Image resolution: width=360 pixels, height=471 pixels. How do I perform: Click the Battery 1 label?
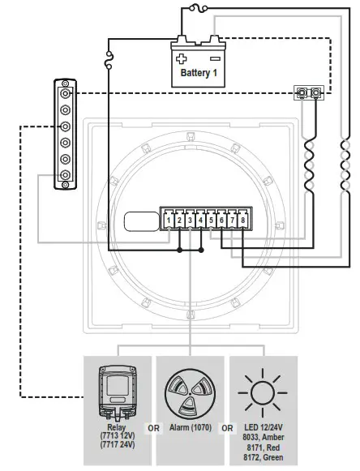point(198,73)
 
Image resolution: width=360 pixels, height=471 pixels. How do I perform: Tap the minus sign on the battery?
point(215,58)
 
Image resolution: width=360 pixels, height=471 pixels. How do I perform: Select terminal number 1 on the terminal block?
point(168,220)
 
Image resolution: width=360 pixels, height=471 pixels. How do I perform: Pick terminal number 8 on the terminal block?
point(242,220)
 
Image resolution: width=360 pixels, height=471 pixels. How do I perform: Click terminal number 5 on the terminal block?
point(211,220)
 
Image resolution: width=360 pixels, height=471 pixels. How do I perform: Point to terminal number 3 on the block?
point(190,220)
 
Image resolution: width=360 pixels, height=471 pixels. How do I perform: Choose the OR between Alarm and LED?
point(227,427)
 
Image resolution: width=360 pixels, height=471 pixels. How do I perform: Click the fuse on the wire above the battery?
point(195,9)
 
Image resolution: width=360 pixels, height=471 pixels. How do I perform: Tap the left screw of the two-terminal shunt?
point(301,94)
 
